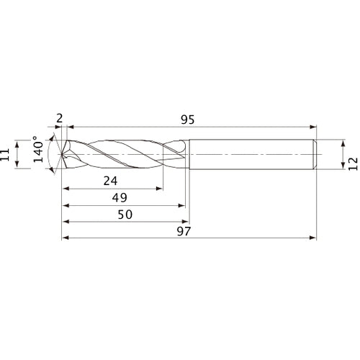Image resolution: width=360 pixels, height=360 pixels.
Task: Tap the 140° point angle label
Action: [x=34, y=153]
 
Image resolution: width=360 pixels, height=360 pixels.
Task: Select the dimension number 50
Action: [x=124, y=215]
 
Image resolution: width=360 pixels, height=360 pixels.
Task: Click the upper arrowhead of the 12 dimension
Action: [x=341, y=141]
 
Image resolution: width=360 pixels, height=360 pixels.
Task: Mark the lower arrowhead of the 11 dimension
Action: [x=17, y=166]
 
